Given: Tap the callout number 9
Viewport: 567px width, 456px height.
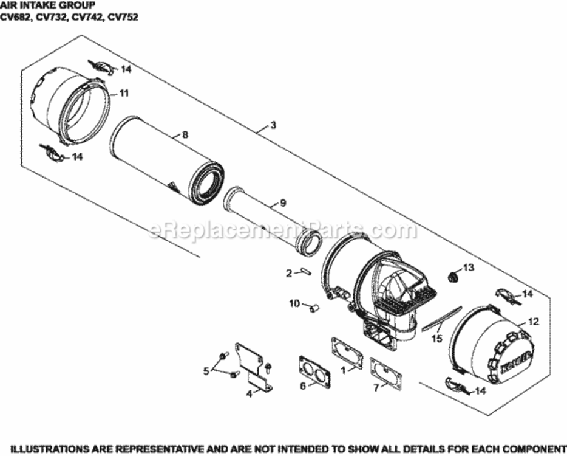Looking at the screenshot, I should click(282, 202).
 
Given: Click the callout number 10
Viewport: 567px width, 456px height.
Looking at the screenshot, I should click(294, 303).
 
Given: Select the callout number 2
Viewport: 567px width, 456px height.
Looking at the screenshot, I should click(289, 274).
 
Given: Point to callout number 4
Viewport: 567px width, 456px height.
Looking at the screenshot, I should click(249, 393).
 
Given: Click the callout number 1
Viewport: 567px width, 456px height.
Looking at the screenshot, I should click(343, 369).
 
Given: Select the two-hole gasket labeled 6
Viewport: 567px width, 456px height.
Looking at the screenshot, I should click(314, 371).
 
